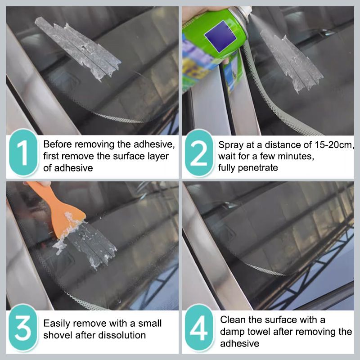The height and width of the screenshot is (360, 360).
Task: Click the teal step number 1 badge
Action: [23, 152]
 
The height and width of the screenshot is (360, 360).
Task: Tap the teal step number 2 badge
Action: [199, 153]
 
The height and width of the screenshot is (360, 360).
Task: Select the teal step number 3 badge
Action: [23, 328]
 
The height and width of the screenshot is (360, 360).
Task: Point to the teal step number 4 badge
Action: [199, 328]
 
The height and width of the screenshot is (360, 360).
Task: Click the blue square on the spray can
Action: [220, 36]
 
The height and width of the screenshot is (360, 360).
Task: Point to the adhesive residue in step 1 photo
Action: [78, 49]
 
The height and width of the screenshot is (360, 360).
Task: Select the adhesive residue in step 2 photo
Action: [292, 60]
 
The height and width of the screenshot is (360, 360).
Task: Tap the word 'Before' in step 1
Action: [58, 144]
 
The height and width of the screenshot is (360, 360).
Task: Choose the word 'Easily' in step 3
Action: [57, 324]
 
